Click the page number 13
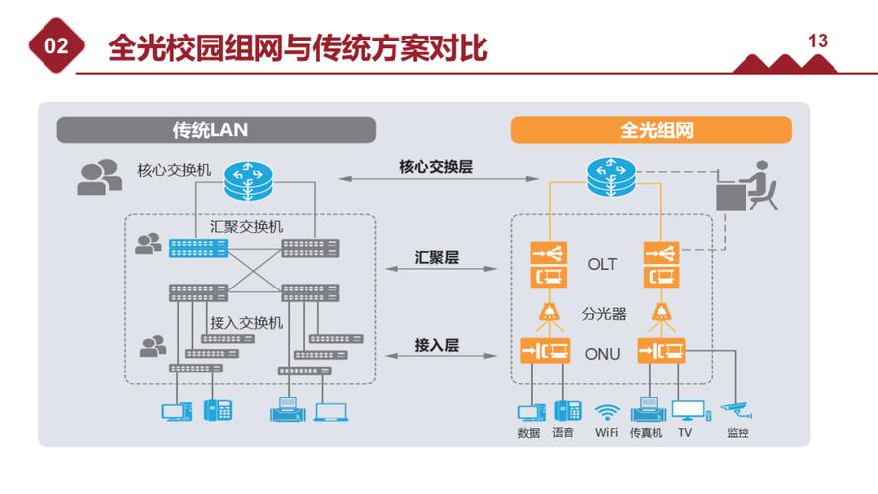817,41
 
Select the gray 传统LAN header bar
216,129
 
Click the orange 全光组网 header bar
651,129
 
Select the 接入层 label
436,345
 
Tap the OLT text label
602,264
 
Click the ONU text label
602,353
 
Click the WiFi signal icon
607,411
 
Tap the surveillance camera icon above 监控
737,406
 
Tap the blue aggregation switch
197,247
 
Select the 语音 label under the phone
563,433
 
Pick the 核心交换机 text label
174,170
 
